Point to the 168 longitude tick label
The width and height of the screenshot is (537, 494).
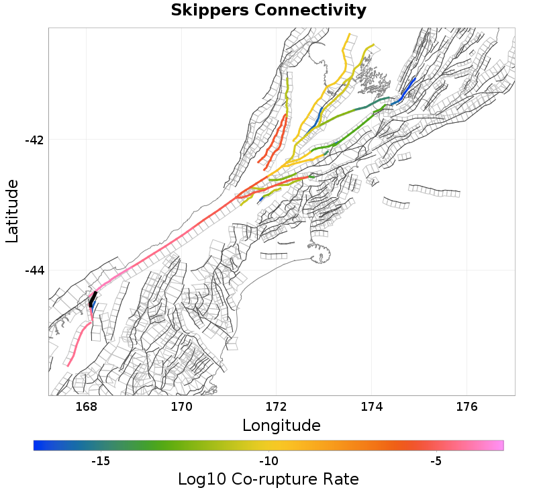pyautogui.click(x=87, y=407)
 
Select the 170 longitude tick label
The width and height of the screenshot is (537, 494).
pyautogui.click(x=181, y=407)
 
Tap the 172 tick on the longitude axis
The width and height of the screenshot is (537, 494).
pyautogui.click(x=277, y=407)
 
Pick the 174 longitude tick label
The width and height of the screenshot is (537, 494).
pyautogui.click(x=372, y=407)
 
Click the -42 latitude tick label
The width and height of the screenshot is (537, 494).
pyautogui.click(x=34, y=140)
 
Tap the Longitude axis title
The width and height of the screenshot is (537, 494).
pyautogui.click(x=281, y=426)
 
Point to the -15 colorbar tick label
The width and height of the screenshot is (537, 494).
pyautogui.click(x=100, y=461)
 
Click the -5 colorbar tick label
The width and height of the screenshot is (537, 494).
pyautogui.click(x=436, y=461)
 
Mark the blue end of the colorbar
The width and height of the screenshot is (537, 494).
pyautogui.click(x=38, y=445)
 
